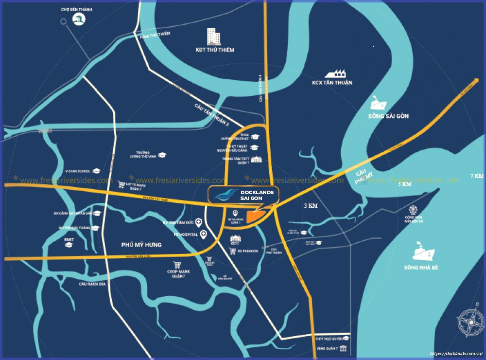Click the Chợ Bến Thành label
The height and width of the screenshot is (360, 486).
click(x=77, y=9)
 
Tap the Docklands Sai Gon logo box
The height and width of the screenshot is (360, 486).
click(x=243, y=194)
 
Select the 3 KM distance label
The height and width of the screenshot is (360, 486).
click(x=310, y=206)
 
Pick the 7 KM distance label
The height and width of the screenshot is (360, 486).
click(x=477, y=176)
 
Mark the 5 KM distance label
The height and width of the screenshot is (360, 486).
click(x=404, y=185)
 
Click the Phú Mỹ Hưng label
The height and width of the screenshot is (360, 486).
click(x=141, y=245)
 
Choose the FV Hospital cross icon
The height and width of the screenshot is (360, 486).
click(x=203, y=234)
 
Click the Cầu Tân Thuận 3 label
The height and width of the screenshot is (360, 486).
click(x=211, y=116)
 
